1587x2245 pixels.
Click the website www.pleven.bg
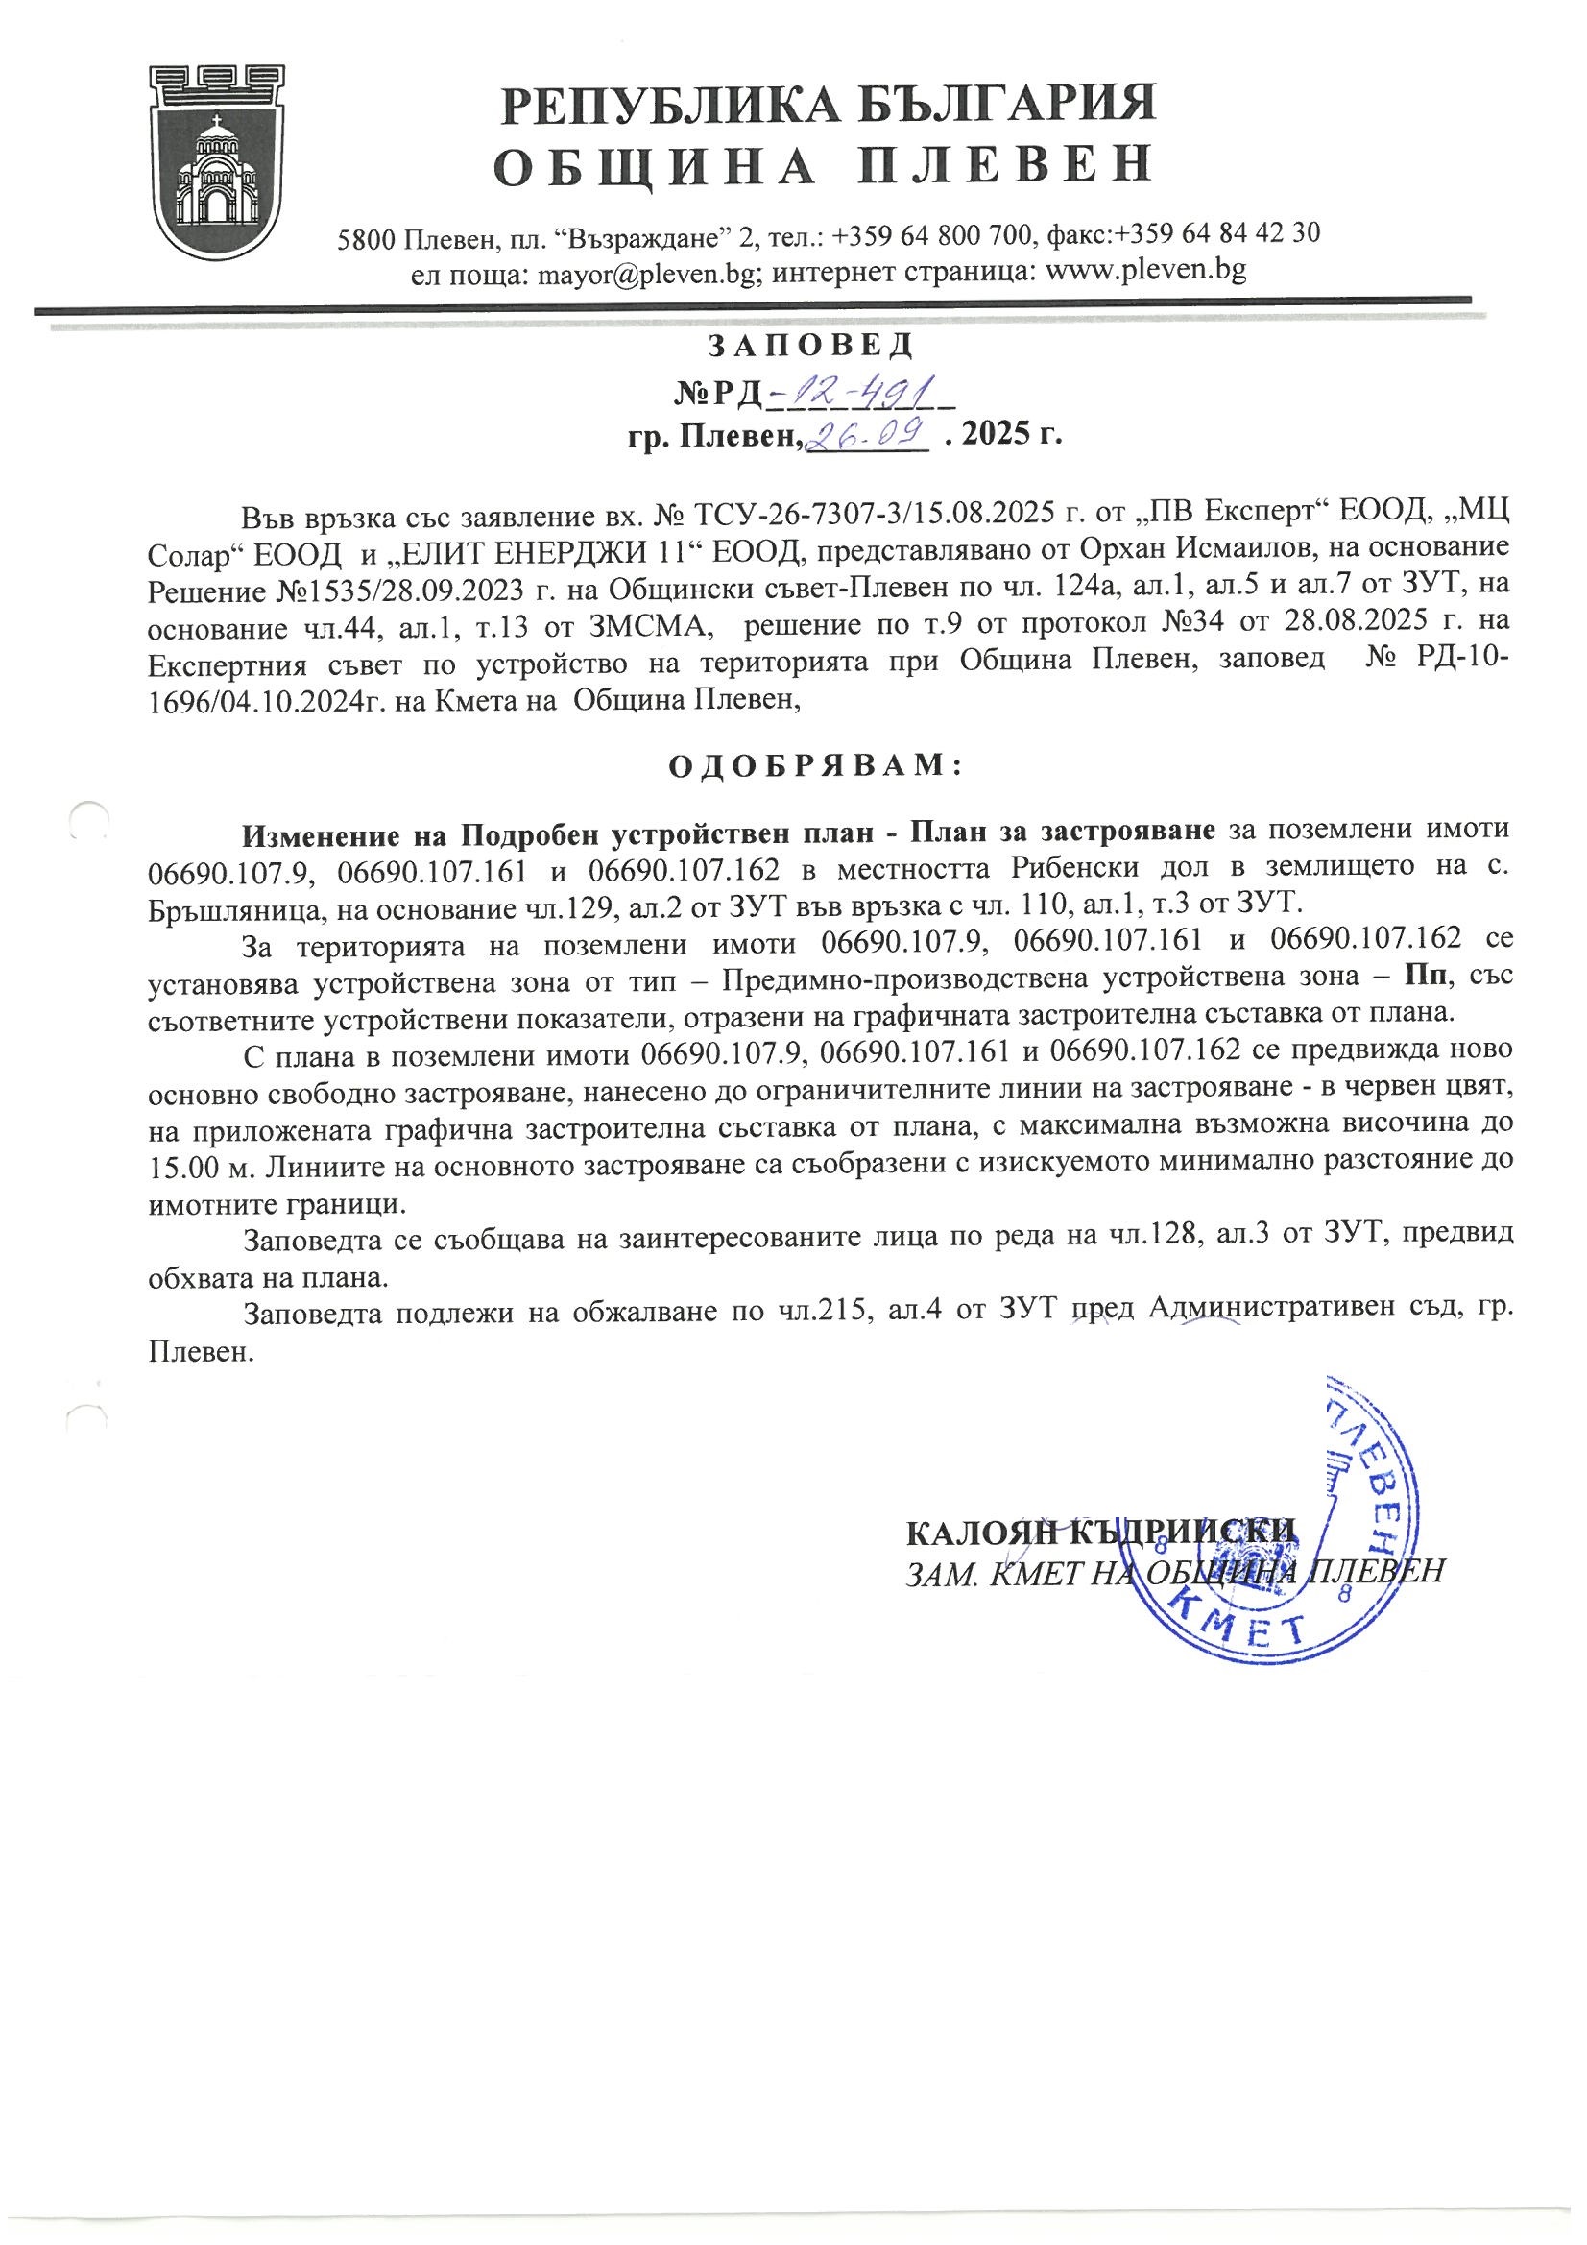1146,271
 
